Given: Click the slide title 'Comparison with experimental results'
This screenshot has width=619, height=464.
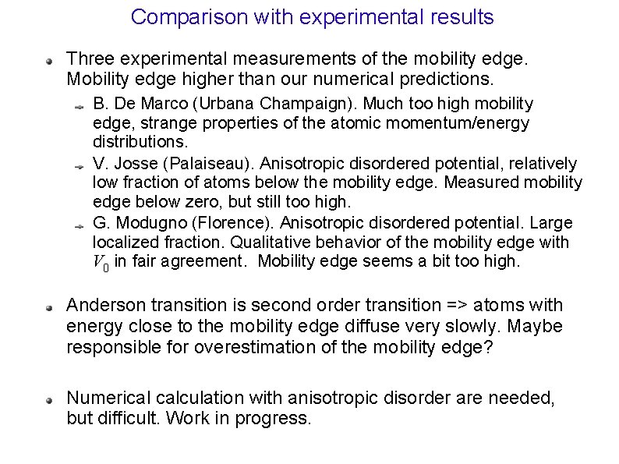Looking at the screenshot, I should point(312,16).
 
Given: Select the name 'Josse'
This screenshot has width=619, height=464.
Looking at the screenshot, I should point(131,163).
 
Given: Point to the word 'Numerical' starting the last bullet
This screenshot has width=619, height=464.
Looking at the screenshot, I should point(104,398).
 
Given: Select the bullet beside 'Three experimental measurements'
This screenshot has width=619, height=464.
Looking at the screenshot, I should point(48,58).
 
